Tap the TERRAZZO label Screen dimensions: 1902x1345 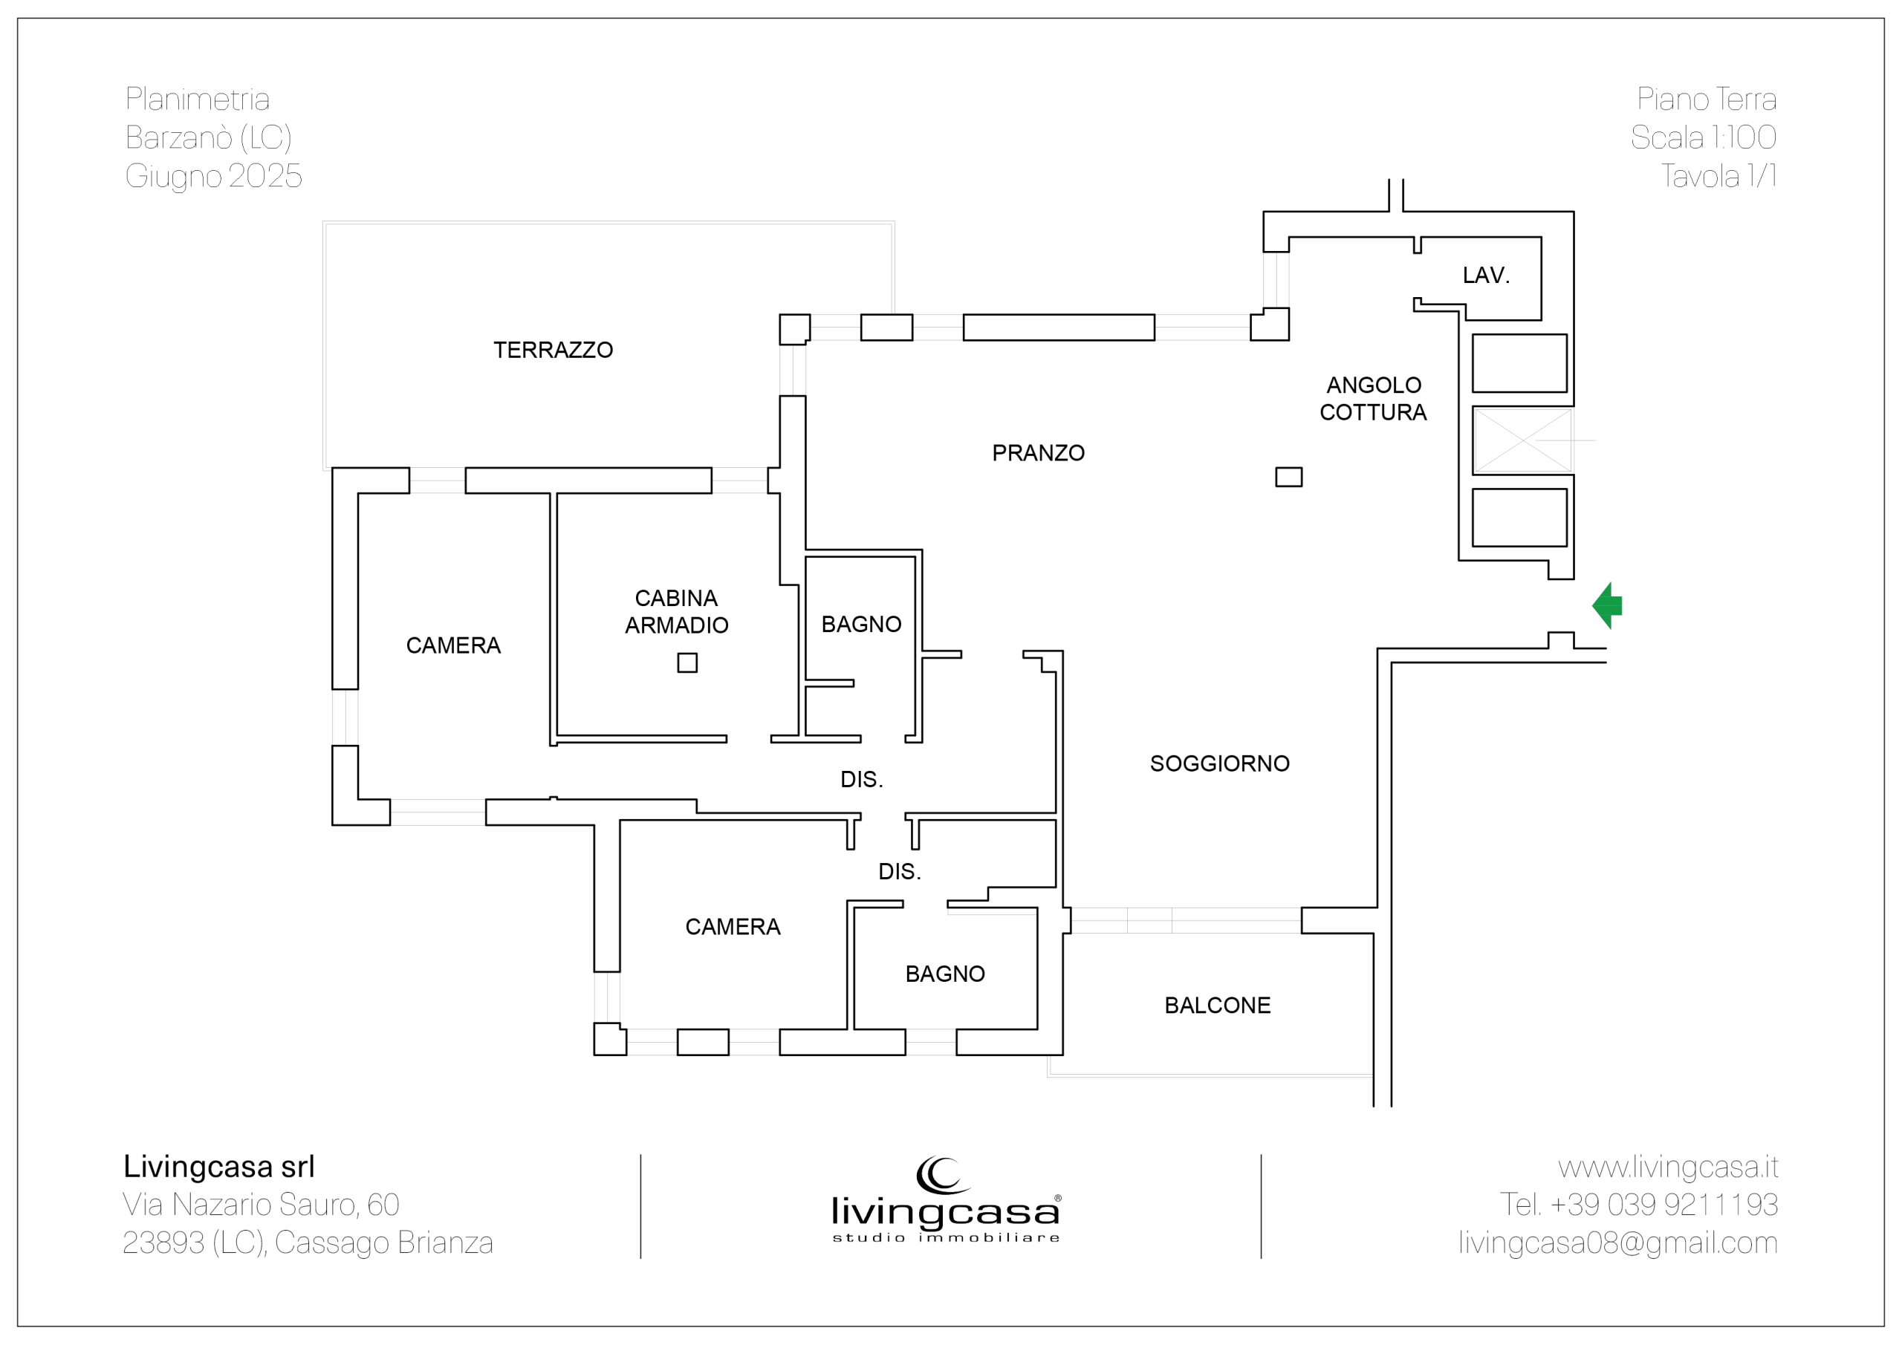554,351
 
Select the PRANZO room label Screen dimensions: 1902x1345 1038,453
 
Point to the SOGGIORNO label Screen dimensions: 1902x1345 1219,763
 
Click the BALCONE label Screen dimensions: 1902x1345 1217,1006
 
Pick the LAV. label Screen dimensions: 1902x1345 1486,275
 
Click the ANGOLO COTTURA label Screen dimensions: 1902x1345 1374,398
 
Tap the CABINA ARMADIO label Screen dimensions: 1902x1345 677,611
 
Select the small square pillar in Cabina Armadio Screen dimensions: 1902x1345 687,662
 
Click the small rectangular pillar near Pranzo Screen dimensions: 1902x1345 1288,477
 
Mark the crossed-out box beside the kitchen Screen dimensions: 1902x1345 1522,440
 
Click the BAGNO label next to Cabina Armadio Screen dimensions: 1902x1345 862,625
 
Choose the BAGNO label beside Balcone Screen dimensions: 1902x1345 945,974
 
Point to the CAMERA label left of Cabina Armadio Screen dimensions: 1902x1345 453,646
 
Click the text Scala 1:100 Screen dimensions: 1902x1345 1703,137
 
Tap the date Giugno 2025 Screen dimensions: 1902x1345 214,177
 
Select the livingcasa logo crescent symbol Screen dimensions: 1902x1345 943,1175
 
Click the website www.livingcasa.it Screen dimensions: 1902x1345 1667,1167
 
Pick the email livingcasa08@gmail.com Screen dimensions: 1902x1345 1618,1243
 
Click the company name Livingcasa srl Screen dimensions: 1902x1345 219,1166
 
